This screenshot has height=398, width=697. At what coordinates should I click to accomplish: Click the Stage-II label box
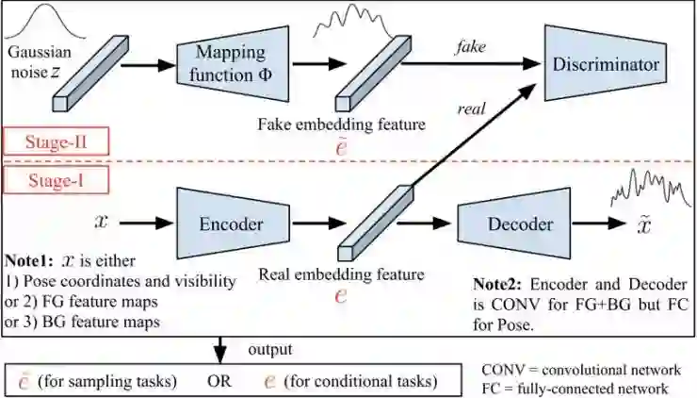point(57,141)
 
